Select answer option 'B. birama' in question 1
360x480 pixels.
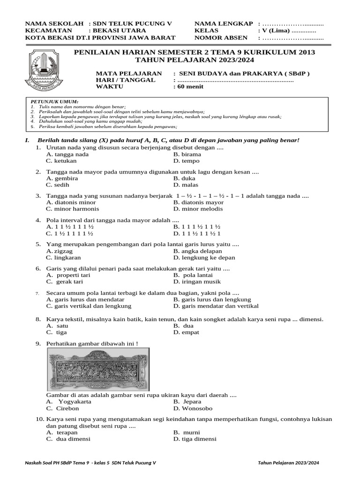(x=187, y=154)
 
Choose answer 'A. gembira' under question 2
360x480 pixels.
(x=62, y=179)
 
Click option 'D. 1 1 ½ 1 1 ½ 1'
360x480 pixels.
(x=197, y=233)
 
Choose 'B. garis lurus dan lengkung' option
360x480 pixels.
(x=212, y=300)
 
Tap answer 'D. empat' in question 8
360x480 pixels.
(x=186, y=332)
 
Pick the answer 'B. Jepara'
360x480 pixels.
(x=187, y=402)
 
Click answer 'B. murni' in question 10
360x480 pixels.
(x=187, y=433)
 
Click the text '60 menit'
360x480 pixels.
(x=188, y=87)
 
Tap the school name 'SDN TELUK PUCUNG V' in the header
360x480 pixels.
(x=133, y=23)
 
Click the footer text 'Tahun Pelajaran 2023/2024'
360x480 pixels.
(x=288, y=463)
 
